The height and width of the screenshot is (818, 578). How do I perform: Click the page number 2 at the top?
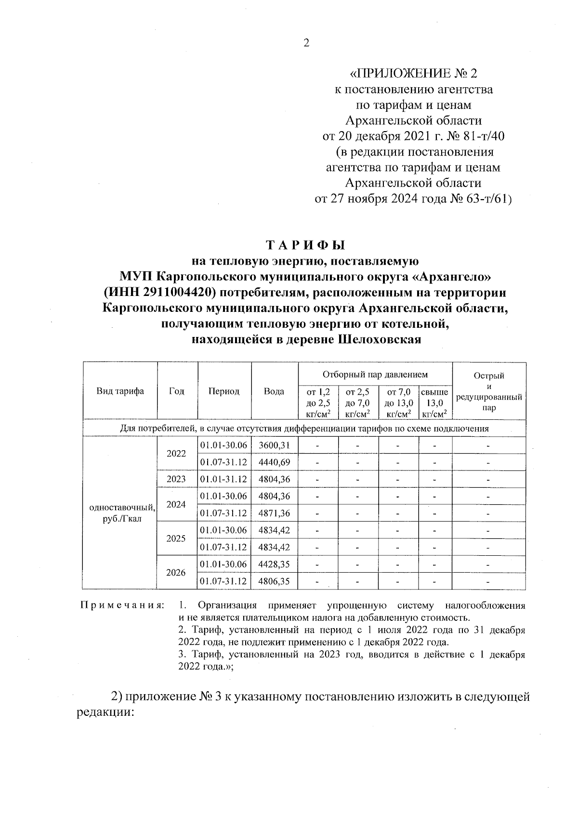tap(306, 43)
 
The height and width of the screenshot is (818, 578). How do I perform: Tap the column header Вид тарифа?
tap(120, 391)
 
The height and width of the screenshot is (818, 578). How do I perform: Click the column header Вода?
tap(274, 391)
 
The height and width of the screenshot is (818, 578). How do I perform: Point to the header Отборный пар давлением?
tap(375, 374)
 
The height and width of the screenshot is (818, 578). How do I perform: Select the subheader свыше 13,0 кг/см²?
tap(434, 403)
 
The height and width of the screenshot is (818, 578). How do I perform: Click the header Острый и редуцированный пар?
tap(488, 391)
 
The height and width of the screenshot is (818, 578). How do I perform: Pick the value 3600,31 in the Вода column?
tap(274, 445)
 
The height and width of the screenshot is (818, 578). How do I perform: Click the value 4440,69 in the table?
tap(274, 462)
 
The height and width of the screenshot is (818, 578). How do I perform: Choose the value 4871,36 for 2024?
tap(274, 513)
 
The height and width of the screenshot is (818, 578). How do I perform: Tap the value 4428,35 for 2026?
tap(274, 564)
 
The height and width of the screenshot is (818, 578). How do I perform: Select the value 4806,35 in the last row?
tap(274, 581)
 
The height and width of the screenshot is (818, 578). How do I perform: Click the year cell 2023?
tap(176, 479)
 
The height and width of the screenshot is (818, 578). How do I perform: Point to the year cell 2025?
tap(176, 538)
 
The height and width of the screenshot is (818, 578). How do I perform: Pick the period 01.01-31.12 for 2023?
tap(223, 479)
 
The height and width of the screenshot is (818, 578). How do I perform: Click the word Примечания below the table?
tap(122, 605)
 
